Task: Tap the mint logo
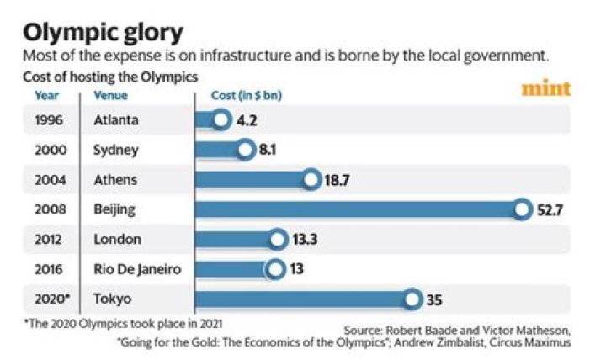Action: tap(545, 88)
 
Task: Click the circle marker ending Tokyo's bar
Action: tap(412, 299)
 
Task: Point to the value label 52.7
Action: tap(550, 209)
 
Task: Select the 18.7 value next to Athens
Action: tap(338, 180)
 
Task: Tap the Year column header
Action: tap(46, 96)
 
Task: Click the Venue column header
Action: tap(110, 96)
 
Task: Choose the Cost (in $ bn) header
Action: tap(246, 96)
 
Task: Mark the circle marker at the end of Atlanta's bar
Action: tap(221, 120)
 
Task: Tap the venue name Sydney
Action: tap(116, 151)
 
